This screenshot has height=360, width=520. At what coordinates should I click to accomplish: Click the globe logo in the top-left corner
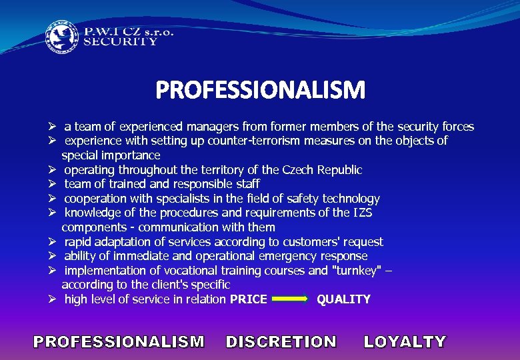[x=61, y=38]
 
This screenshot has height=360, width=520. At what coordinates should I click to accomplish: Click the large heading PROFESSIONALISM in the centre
[x=260, y=91]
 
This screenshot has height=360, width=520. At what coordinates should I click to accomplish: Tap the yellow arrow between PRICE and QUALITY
[x=291, y=300]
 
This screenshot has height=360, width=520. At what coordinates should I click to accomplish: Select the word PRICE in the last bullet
[x=248, y=299]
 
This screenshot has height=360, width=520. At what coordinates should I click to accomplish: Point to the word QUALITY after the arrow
[x=343, y=299]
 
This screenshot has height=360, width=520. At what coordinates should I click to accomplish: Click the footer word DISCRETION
[x=281, y=342]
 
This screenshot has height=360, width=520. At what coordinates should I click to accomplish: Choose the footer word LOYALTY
[x=405, y=342]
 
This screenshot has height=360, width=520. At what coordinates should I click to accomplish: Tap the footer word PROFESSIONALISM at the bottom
[x=119, y=342]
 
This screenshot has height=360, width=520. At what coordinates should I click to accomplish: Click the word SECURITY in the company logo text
[x=121, y=41]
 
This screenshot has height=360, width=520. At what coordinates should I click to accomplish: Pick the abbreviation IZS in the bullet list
[x=361, y=213]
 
